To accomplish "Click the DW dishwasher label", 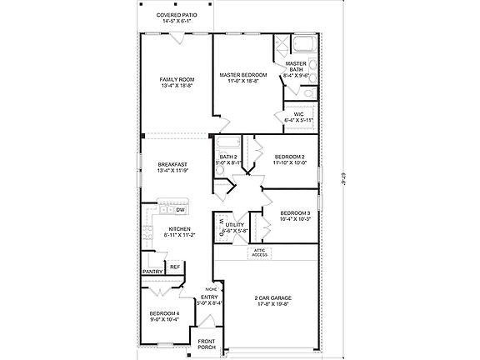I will click(180, 210).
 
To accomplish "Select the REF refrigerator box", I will click(175, 267).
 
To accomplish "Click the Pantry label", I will click(152, 272).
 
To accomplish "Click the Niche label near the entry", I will click(211, 288).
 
